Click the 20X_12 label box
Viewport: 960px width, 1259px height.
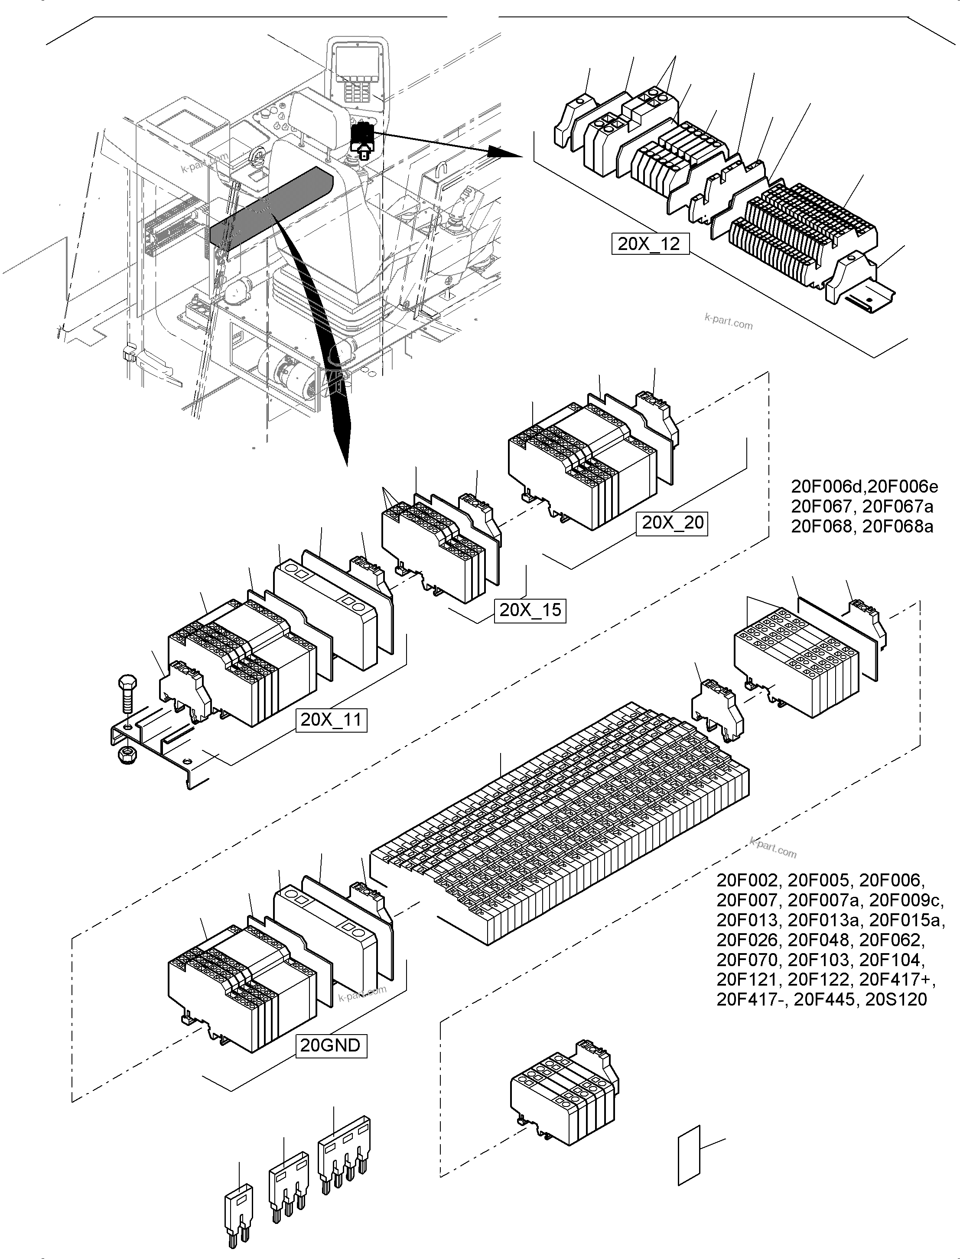(x=649, y=244)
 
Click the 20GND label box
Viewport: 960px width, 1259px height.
(x=330, y=1045)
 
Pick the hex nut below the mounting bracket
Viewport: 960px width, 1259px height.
(x=127, y=756)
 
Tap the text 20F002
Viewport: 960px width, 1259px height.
(x=747, y=880)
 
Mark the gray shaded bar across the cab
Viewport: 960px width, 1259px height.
(x=271, y=208)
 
